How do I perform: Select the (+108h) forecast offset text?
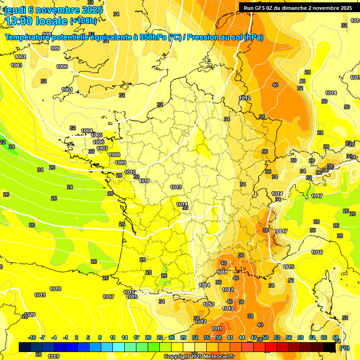[83, 21]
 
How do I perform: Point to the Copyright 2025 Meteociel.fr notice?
[199, 356]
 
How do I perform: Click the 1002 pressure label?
[21, 57]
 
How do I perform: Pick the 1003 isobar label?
[16, 65]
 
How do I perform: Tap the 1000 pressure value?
[62, 67]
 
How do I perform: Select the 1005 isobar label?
[97, 135]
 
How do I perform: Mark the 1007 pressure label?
[102, 148]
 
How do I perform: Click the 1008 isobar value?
[114, 155]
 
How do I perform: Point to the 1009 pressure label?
[120, 163]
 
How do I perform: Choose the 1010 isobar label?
[130, 172]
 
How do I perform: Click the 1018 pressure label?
[55, 289]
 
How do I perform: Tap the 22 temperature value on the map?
[2, 142]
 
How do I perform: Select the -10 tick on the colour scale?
[32, 337]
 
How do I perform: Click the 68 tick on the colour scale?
[336, 337]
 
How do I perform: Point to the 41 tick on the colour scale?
[230, 337]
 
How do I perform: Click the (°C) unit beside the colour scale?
[345, 347]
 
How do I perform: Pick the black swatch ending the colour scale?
[330, 347]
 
